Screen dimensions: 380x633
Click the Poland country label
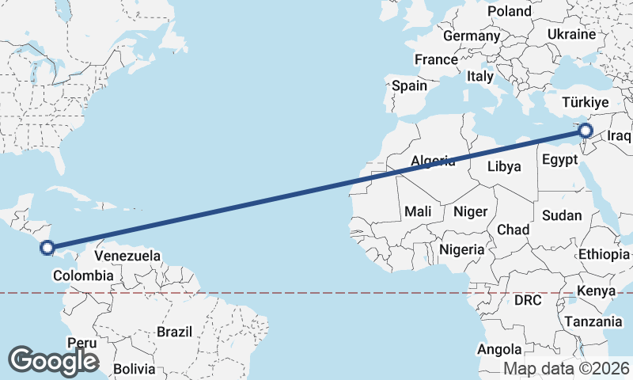pos(510,11)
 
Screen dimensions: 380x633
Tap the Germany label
pos(472,36)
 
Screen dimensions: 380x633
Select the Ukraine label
pos(570,35)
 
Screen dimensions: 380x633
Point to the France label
pos(436,59)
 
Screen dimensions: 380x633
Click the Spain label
pos(409,85)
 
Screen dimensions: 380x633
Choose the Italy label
pos(479,77)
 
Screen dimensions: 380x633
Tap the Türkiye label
pos(585,102)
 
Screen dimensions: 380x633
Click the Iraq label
pos(620,136)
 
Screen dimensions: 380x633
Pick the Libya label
pos(504,166)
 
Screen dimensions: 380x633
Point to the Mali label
pos(417,211)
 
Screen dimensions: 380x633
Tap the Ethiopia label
pos(604,254)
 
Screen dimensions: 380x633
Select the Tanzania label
pos(593,322)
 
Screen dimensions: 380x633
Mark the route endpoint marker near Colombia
pos(47,248)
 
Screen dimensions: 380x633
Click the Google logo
pos(53,361)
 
